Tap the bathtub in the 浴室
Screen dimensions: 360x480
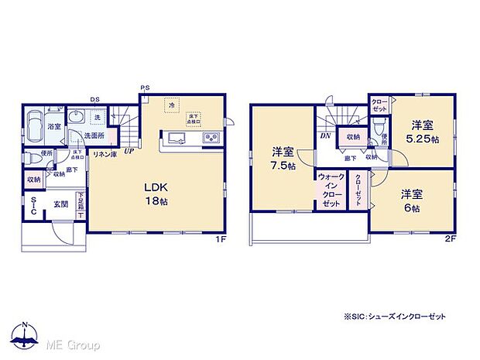pos(35,126)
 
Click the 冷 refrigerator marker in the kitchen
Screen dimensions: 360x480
pos(171,105)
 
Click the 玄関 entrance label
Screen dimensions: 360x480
pos(60,204)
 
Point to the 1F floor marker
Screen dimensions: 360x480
pos(221,239)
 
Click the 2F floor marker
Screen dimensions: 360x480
pos(452,239)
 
